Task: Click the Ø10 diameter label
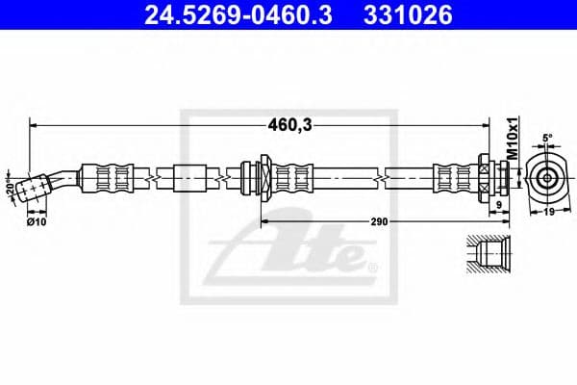(36, 221)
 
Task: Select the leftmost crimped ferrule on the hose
(106, 177)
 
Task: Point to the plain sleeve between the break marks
(188, 177)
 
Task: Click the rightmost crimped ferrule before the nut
(452, 177)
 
